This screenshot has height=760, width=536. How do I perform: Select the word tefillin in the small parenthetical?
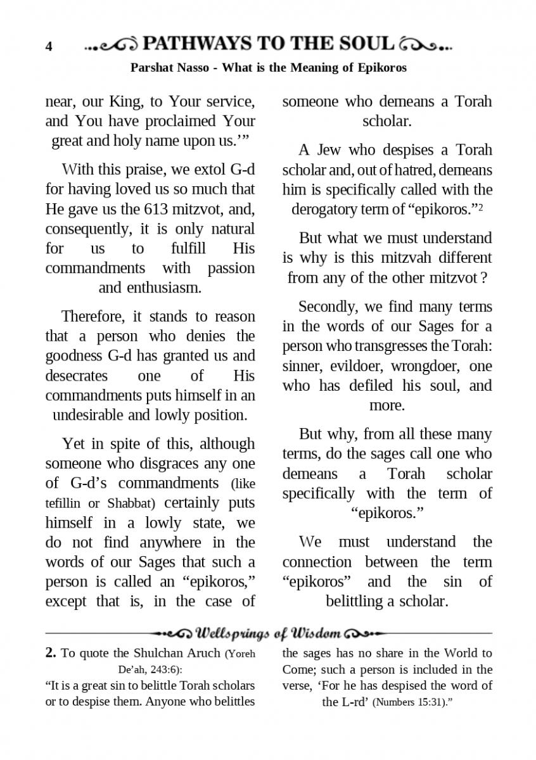pos(63,503)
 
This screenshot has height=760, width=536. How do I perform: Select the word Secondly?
pos(328,307)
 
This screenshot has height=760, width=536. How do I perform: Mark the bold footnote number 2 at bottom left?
pos(51,653)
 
